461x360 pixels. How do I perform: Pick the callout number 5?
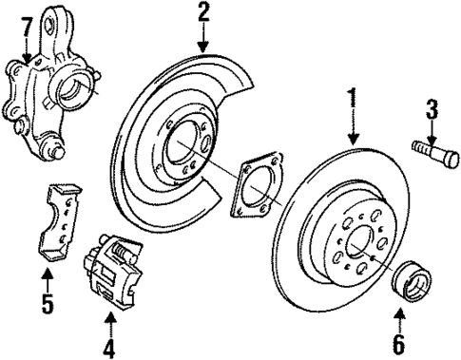click(x=46, y=306)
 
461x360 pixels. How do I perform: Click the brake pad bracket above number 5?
click(x=58, y=219)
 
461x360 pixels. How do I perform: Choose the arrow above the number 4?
click(x=109, y=321)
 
